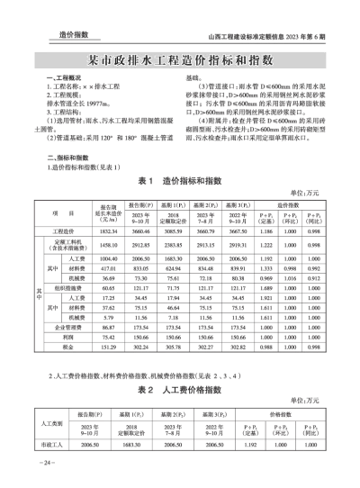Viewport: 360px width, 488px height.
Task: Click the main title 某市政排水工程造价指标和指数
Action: coord(181,61)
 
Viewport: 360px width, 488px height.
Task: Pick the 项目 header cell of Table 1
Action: coord(66,215)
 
